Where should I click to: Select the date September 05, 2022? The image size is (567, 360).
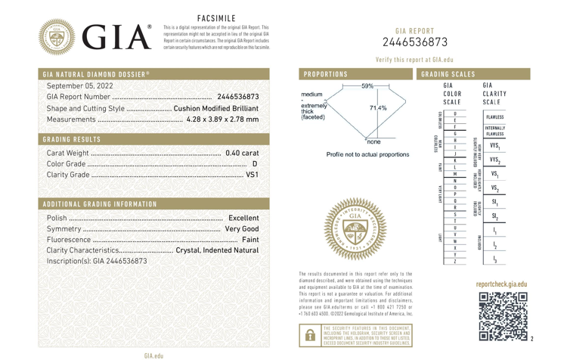pos(80,85)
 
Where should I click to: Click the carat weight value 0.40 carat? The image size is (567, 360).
pos(242,153)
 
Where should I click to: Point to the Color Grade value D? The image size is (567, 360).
pos(255,163)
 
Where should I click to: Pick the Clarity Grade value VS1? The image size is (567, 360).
pos(253,175)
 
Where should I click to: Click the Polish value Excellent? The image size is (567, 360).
pos(243,218)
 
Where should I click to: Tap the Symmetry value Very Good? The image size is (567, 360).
pos(242,228)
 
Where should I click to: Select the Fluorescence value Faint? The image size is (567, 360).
pos(250,239)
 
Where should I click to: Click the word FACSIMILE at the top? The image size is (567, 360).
pos(216,17)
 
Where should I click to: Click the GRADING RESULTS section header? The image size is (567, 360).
pos(72,139)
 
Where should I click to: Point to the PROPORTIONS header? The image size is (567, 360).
pos(326,74)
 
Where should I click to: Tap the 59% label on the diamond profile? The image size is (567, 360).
pos(367,85)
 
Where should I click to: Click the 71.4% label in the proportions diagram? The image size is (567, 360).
pos(378,108)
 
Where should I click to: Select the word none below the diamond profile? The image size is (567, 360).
pos(373,141)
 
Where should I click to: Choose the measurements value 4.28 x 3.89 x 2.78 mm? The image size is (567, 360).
pos(216,119)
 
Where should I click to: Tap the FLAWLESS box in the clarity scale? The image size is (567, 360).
pos(495,118)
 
